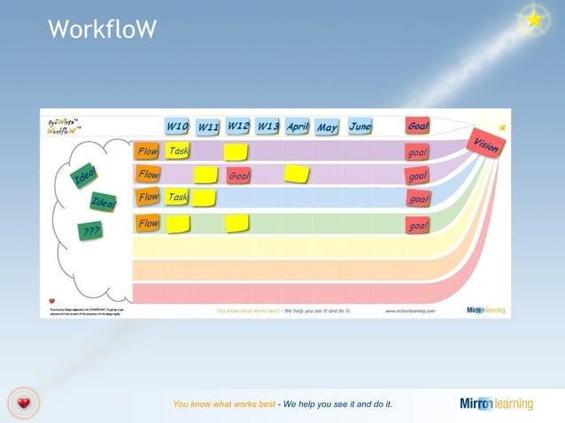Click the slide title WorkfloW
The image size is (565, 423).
tap(102, 30)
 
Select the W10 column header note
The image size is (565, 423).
tap(176, 127)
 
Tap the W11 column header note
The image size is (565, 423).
tap(207, 127)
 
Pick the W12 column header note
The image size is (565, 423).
tap(237, 127)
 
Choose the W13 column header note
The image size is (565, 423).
tap(267, 127)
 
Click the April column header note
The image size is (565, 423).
tap(297, 127)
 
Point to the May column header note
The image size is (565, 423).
tap(327, 127)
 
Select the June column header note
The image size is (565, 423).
tap(359, 127)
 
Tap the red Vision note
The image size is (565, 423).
tap(484, 145)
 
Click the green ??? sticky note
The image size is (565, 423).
tap(90, 232)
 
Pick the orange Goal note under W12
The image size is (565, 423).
tap(238, 176)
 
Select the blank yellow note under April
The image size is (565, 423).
tap(297, 173)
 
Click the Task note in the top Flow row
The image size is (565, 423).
tap(178, 151)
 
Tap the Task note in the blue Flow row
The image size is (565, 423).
tap(178, 196)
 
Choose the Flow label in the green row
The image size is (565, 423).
tap(148, 224)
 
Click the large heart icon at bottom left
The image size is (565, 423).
tap(25, 404)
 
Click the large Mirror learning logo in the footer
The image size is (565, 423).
tap(496, 404)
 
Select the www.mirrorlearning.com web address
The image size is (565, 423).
tap(409, 311)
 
